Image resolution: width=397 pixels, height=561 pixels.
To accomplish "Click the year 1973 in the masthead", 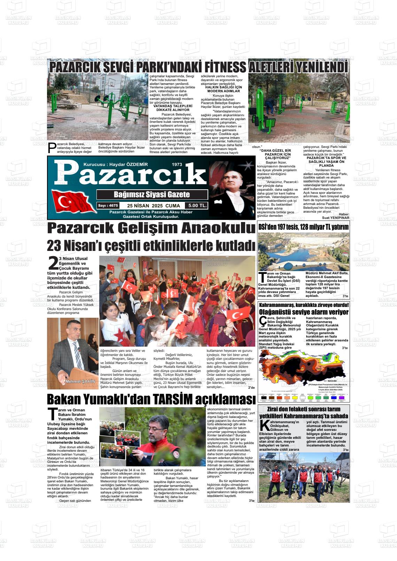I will point(177,164).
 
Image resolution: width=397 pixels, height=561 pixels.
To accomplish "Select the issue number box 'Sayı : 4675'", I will point(108,206).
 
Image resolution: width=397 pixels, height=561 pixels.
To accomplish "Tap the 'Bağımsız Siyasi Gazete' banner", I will point(152,195).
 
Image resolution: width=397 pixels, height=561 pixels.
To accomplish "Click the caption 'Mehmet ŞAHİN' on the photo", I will point(80,381).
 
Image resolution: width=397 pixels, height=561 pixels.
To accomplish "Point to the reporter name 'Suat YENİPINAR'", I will point(336,218).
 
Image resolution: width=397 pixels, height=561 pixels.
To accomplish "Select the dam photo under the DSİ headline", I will point(303,251).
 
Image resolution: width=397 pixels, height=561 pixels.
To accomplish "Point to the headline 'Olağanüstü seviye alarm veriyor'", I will point(303,312).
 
